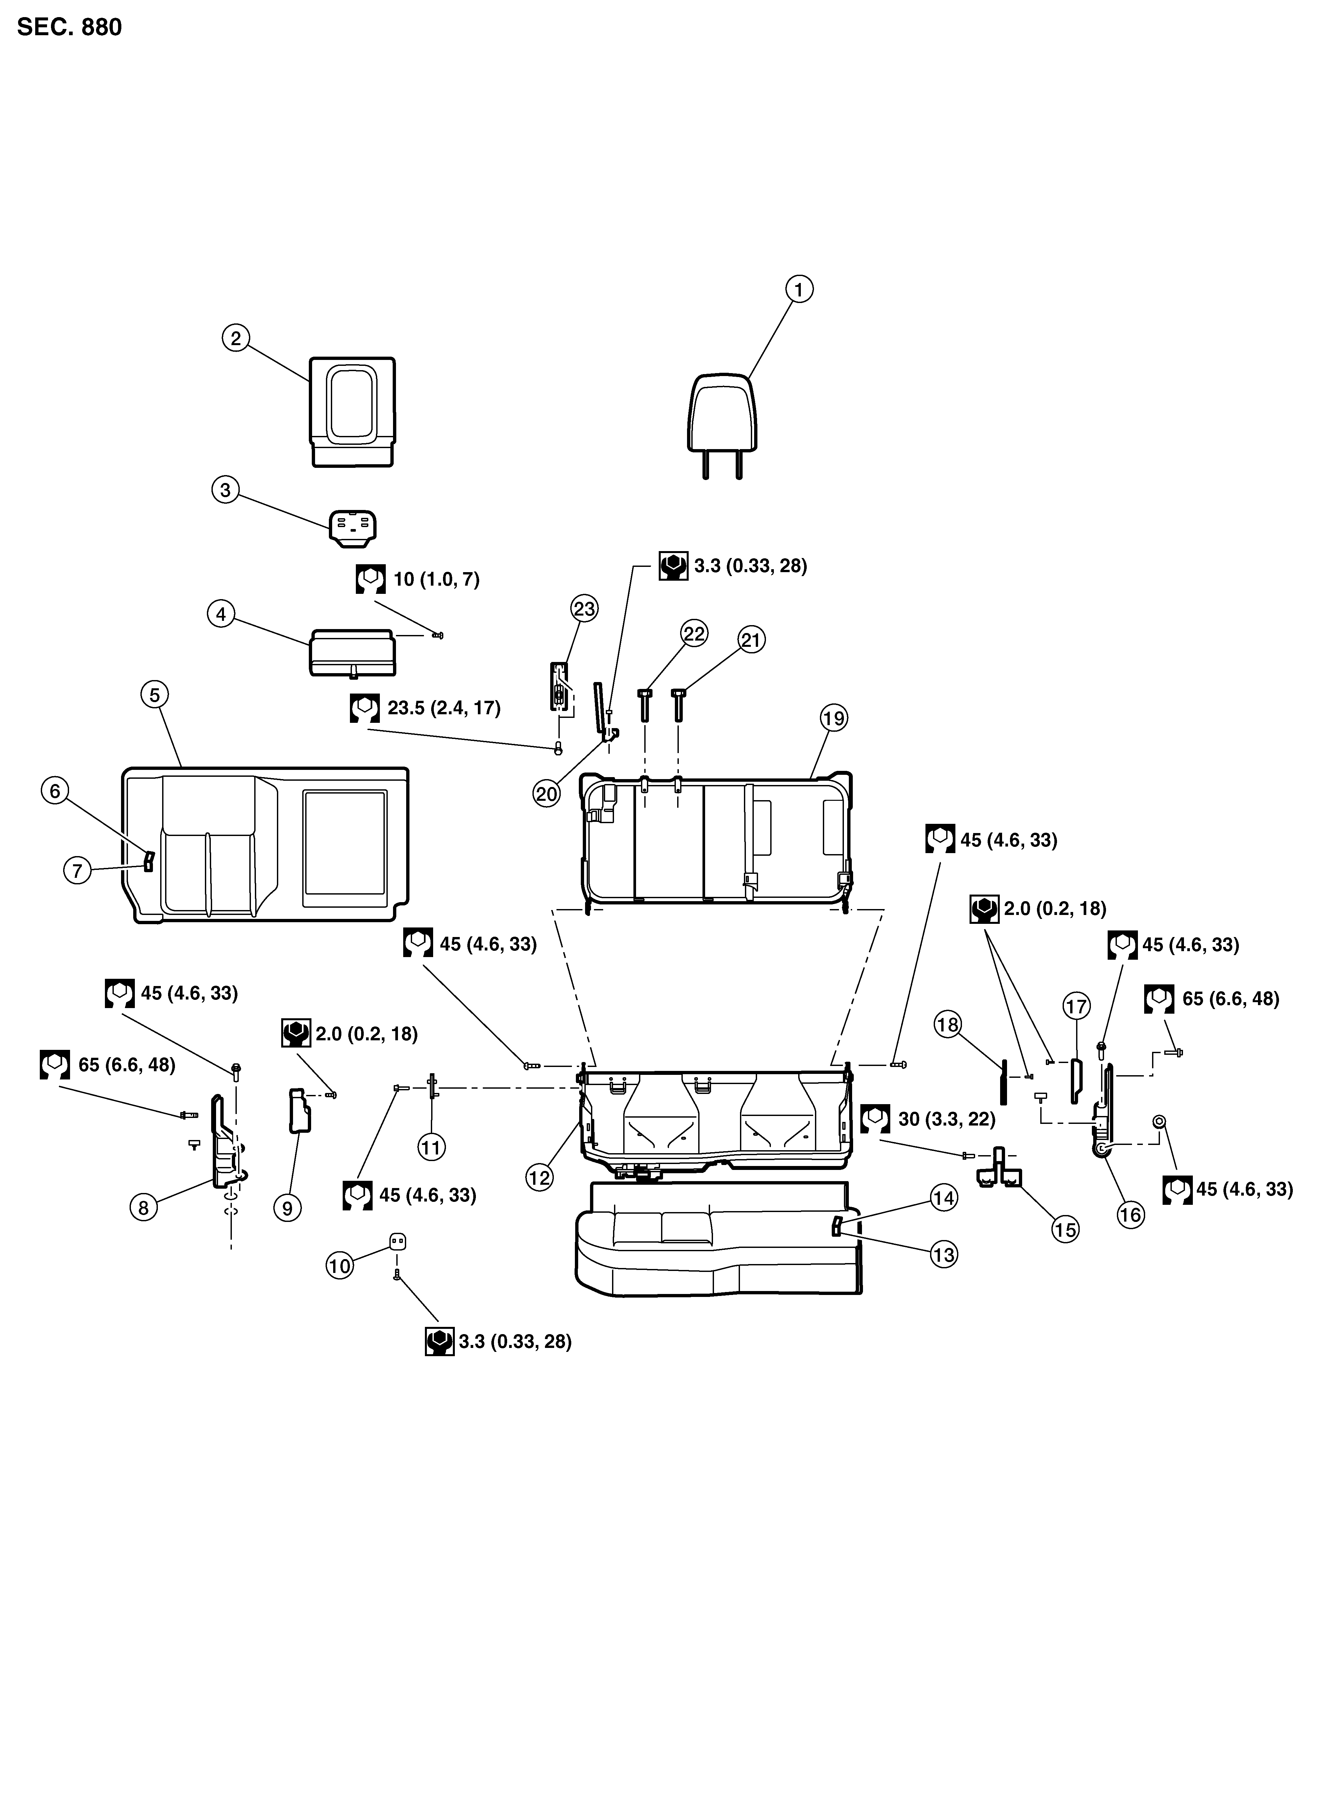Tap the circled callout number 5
click(x=155, y=694)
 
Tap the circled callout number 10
click(x=340, y=1266)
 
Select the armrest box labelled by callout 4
click(x=352, y=652)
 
